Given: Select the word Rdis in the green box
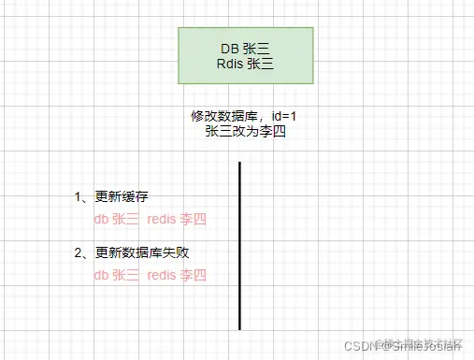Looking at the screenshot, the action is (x=228, y=65).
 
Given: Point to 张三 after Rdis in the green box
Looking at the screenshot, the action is (x=259, y=65).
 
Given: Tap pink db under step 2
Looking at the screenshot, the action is (x=101, y=275).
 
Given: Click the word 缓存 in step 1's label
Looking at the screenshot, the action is (x=136, y=197).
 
